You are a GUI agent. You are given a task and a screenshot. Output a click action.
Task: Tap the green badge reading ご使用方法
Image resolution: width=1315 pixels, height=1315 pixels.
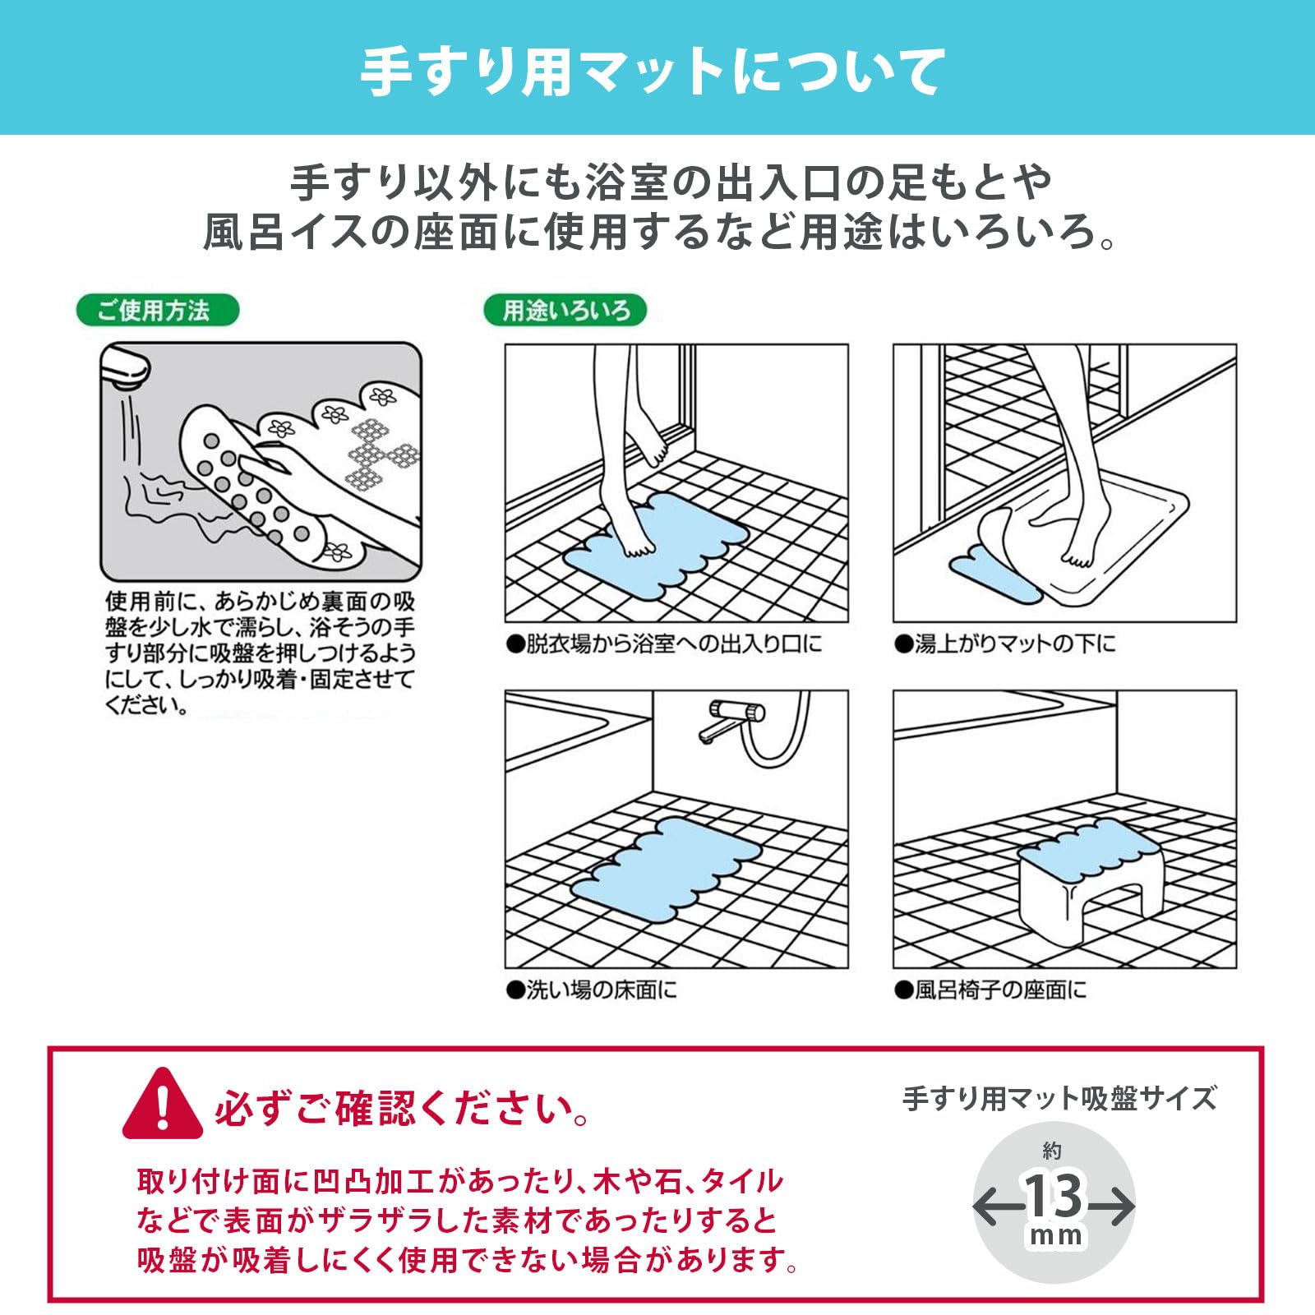pos(156,311)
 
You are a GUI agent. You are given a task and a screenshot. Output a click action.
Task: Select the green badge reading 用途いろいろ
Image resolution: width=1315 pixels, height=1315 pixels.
pos(565,311)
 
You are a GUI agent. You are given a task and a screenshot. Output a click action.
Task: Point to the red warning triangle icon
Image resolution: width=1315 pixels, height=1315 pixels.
pos(162,1106)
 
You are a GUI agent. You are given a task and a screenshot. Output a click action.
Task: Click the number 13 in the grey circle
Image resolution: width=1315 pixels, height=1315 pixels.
pos(1053,1196)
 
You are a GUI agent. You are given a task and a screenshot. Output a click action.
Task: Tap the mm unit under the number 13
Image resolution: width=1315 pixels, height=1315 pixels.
pos(1054,1235)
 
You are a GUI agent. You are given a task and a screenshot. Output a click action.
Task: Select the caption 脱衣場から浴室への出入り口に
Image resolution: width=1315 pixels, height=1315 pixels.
pos(664,644)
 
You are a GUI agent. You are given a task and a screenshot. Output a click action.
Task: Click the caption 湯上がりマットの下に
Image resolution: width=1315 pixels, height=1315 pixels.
pos(1005,644)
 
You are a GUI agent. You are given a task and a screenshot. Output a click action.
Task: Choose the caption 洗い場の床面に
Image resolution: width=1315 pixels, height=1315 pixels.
pos(592,990)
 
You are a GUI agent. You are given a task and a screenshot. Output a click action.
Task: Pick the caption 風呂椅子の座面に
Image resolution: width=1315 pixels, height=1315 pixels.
pos(990,990)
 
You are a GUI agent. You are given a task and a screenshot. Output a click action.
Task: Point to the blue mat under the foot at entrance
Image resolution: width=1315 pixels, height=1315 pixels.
pos(657,547)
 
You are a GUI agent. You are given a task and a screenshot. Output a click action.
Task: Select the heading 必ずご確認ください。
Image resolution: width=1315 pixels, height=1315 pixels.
pos(403,1110)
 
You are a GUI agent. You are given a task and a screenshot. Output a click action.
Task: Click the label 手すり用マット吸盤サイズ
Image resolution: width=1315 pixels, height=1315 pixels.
pos(1059,1098)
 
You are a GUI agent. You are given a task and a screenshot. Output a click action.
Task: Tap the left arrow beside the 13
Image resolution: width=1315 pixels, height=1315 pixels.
pos(994,1207)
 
